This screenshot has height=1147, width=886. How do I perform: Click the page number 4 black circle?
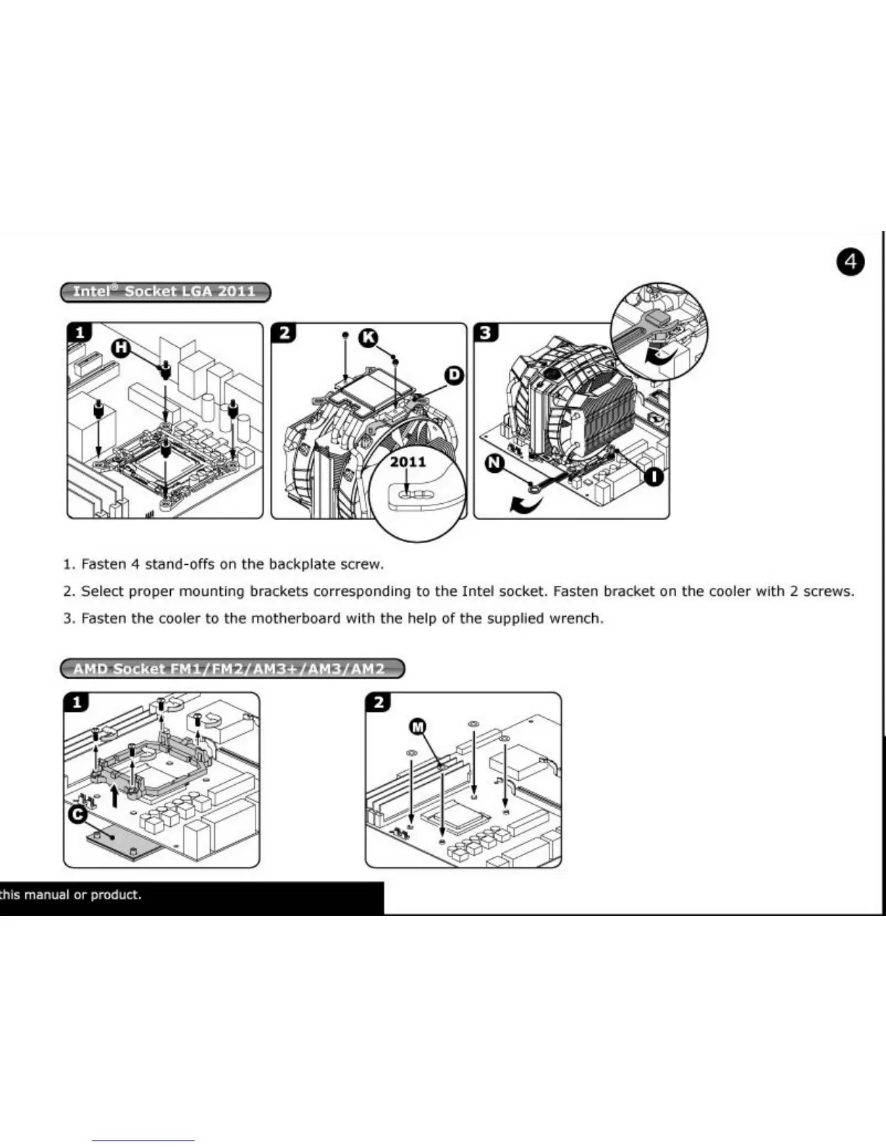pyautogui.click(x=851, y=261)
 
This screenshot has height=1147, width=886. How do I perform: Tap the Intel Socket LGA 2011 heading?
pyautogui.click(x=165, y=292)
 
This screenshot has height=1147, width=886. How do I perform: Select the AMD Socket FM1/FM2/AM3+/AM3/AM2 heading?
pyautogui.click(x=232, y=668)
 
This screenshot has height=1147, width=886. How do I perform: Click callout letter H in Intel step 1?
pyautogui.click(x=121, y=348)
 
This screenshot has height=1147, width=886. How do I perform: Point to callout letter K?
pyautogui.click(x=369, y=337)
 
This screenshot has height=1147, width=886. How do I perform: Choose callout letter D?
pyautogui.click(x=454, y=375)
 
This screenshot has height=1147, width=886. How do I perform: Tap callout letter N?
pyautogui.click(x=494, y=463)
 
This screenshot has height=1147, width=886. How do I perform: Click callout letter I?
pyautogui.click(x=654, y=476)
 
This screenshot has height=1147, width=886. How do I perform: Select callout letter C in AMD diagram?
pyautogui.click(x=78, y=814)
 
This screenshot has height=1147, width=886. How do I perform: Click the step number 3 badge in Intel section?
pyautogui.click(x=486, y=333)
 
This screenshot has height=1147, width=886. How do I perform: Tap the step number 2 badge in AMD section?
pyautogui.click(x=379, y=702)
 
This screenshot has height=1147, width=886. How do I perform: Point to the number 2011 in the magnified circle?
pyautogui.click(x=408, y=462)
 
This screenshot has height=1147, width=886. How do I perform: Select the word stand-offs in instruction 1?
pyautogui.click(x=180, y=564)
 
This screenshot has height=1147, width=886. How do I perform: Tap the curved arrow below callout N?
pyautogui.click(x=527, y=505)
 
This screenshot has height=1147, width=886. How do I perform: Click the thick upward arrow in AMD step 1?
pyautogui.click(x=114, y=797)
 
